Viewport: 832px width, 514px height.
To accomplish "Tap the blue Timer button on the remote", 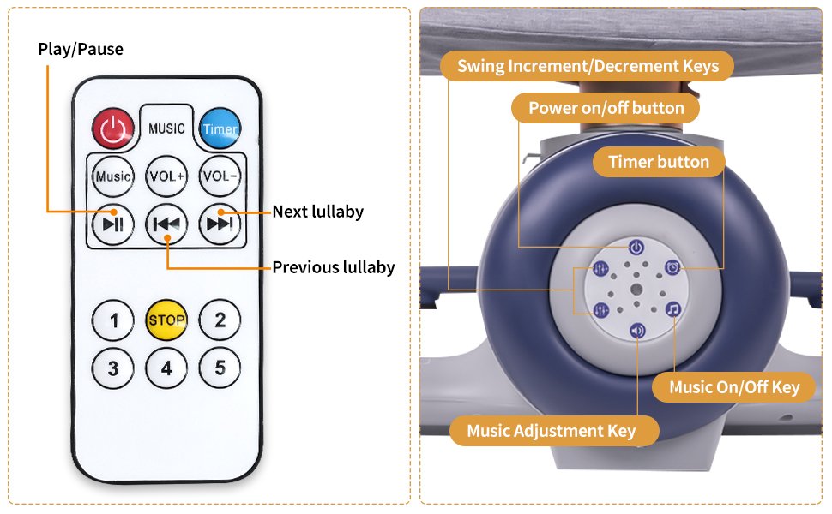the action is pyautogui.click(x=220, y=128).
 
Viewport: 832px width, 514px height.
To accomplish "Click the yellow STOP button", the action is pyautogui.click(x=166, y=320).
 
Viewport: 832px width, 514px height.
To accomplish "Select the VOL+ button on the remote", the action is pyautogui.click(x=166, y=176).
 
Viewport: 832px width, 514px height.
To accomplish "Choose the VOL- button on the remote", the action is pyautogui.click(x=220, y=176).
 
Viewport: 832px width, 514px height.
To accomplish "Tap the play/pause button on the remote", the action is pyautogui.click(x=113, y=224).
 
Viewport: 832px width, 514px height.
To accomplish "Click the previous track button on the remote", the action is pyautogui.click(x=166, y=224).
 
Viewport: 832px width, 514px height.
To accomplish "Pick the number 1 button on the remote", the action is pyautogui.click(x=113, y=320).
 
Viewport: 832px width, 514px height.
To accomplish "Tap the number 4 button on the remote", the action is pyautogui.click(x=166, y=368).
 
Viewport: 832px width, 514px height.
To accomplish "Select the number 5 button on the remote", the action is pyautogui.click(x=220, y=368).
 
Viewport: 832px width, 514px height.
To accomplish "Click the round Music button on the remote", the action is pyautogui.click(x=113, y=176).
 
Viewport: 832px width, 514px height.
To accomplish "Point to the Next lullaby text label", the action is pyautogui.click(x=318, y=212).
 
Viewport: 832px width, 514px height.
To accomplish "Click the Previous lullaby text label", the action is pyautogui.click(x=334, y=267).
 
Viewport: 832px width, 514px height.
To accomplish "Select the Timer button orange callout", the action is pyautogui.click(x=659, y=162).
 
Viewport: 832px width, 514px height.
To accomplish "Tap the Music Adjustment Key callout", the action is pyautogui.click(x=552, y=431).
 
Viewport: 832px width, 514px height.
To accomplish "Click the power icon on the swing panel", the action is pyautogui.click(x=636, y=247).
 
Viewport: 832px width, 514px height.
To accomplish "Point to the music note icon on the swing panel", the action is pyautogui.click(x=673, y=309).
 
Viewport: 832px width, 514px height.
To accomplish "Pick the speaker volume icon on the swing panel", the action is pyautogui.click(x=637, y=331).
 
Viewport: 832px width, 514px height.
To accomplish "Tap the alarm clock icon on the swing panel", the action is pyautogui.click(x=672, y=267).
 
